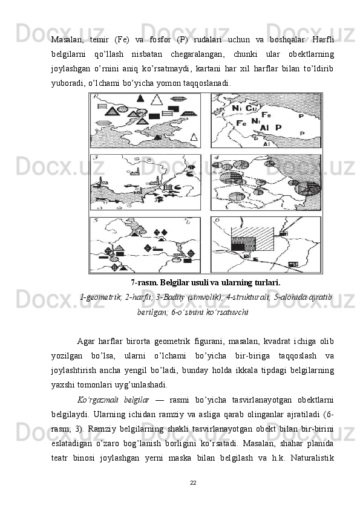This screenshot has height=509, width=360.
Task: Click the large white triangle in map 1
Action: pos(157,100)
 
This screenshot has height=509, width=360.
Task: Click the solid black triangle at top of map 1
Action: pos(140,98)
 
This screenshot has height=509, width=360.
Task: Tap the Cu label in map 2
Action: pos(251,108)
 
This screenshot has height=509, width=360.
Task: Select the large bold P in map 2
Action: pos(278,128)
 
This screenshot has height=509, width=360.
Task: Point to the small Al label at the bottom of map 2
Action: pos(266,144)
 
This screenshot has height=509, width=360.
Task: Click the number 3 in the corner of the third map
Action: pos(96,158)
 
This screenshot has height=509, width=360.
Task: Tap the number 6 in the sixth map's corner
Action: pos(217,220)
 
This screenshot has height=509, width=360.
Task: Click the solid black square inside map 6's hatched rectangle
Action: pos(238,247)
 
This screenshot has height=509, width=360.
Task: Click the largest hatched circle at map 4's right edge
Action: pos(307,188)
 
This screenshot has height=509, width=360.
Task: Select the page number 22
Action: pos(193,483)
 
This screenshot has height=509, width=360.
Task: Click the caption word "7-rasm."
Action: pos(145,283)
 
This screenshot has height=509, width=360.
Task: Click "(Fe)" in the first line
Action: pos(122,40)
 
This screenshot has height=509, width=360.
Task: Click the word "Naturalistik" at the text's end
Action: pos(312,458)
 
